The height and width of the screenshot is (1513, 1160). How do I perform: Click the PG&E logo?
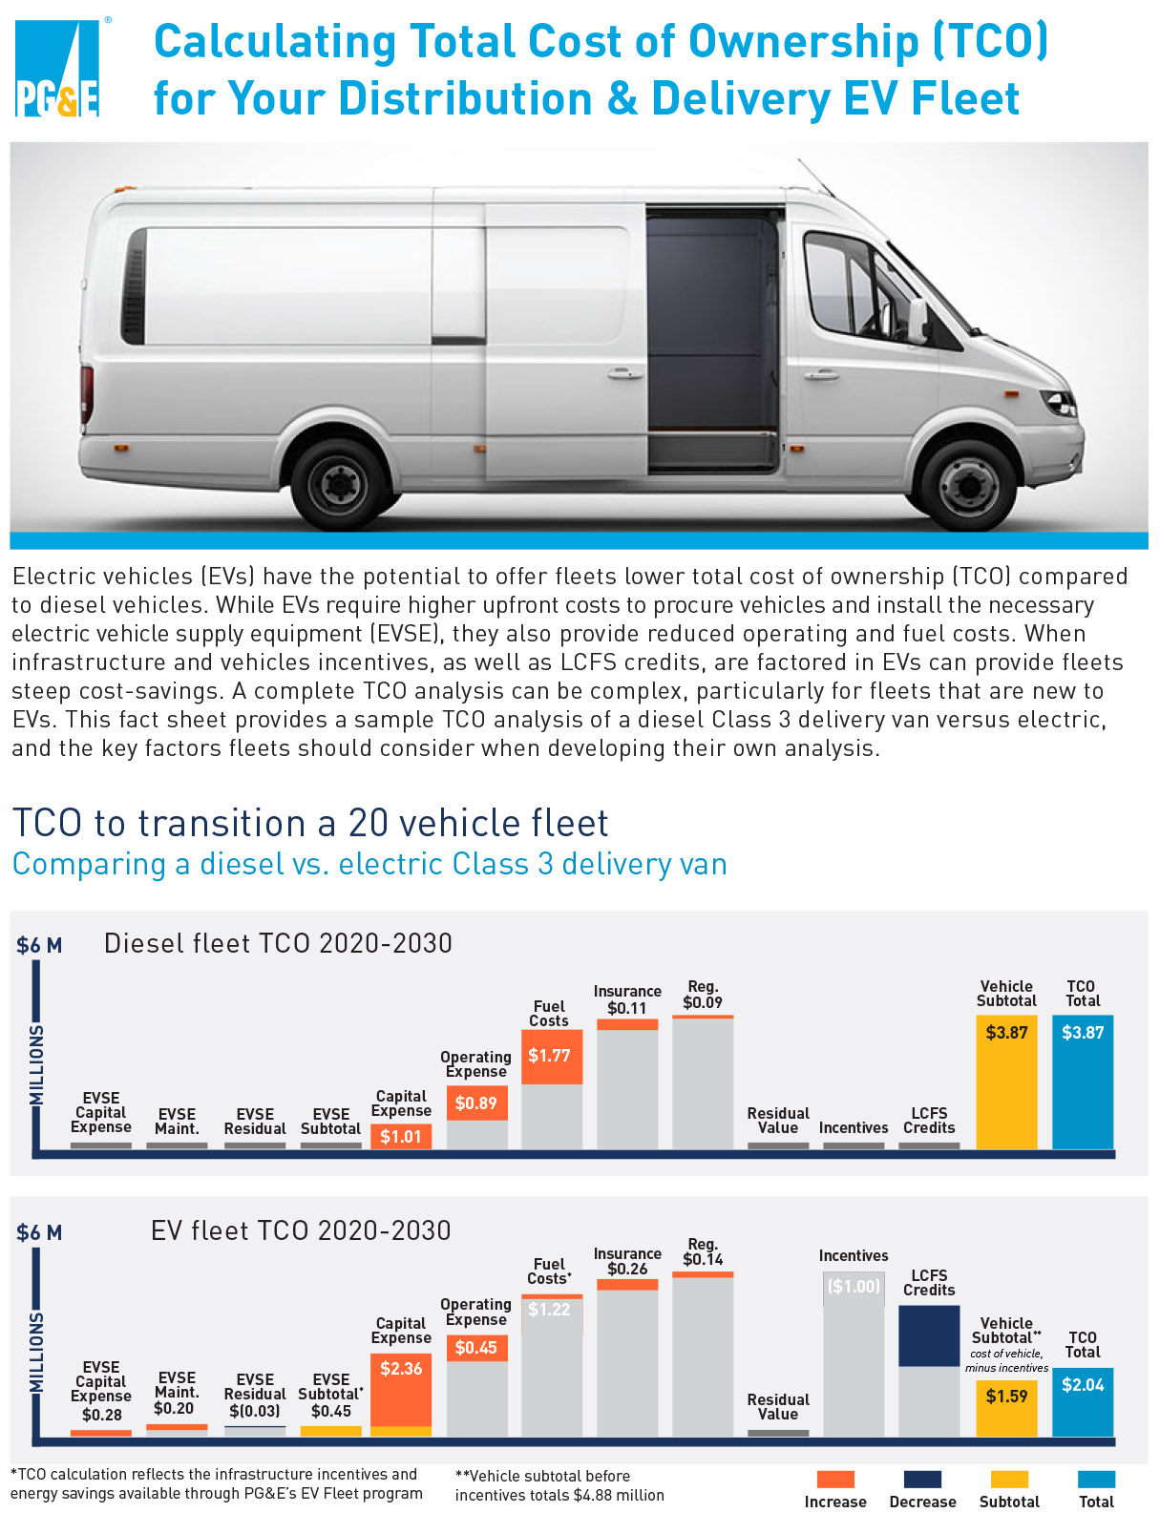pyautogui.click(x=57, y=68)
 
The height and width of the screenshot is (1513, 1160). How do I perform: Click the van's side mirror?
pyautogui.click(x=917, y=321)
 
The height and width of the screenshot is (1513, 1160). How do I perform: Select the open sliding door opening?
pyautogui.click(x=713, y=339)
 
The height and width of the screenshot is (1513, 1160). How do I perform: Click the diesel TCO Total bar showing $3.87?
pyautogui.click(x=1083, y=1082)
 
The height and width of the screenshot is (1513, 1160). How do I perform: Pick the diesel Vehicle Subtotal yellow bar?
pyautogui.click(x=1006, y=1082)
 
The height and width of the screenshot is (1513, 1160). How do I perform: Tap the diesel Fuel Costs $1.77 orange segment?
pyautogui.click(x=552, y=1057)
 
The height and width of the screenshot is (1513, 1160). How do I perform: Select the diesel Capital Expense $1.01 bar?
pyautogui.click(x=401, y=1136)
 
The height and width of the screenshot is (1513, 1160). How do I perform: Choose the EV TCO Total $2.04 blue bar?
pyautogui.click(x=1083, y=1401)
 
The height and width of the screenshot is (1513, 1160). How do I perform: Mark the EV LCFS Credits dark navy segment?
pyautogui.click(x=929, y=1335)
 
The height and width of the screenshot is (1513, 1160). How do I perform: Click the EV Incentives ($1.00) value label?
pyautogui.click(x=854, y=1287)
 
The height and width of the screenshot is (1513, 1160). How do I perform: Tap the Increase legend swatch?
pyautogui.click(x=835, y=1479)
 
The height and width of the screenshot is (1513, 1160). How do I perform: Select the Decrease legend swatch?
pyautogui.click(x=922, y=1479)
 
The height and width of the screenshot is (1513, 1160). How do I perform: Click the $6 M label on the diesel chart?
pyautogui.click(x=39, y=946)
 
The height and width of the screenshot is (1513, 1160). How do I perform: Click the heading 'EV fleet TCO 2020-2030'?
pyautogui.click(x=301, y=1230)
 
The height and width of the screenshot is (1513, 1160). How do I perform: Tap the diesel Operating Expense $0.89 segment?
pyautogui.click(x=476, y=1103)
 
